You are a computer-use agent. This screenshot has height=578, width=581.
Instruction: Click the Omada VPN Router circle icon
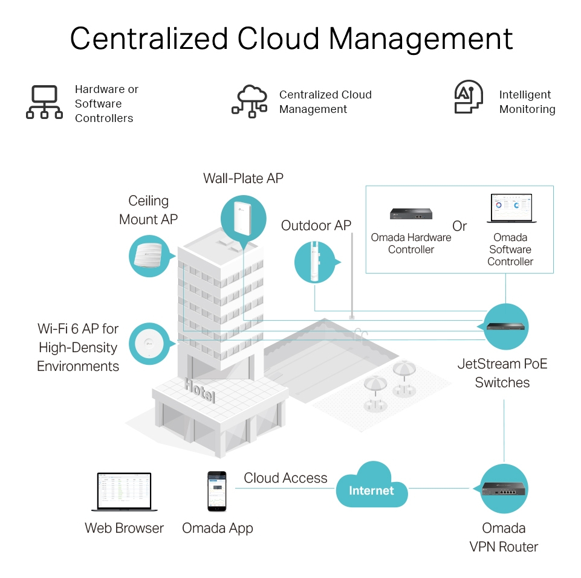504,488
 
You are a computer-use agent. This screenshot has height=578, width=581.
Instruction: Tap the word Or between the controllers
459,226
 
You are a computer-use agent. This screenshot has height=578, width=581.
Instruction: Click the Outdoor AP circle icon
315,262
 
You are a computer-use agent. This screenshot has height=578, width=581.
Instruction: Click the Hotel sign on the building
199,390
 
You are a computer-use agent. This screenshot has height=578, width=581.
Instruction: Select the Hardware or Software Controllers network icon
44,101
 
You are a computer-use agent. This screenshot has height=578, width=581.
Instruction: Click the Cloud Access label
285,478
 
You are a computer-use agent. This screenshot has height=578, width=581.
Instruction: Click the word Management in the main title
421,38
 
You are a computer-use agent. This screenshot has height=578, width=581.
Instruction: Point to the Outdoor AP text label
316,226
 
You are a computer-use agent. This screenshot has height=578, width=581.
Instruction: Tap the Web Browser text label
124,528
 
